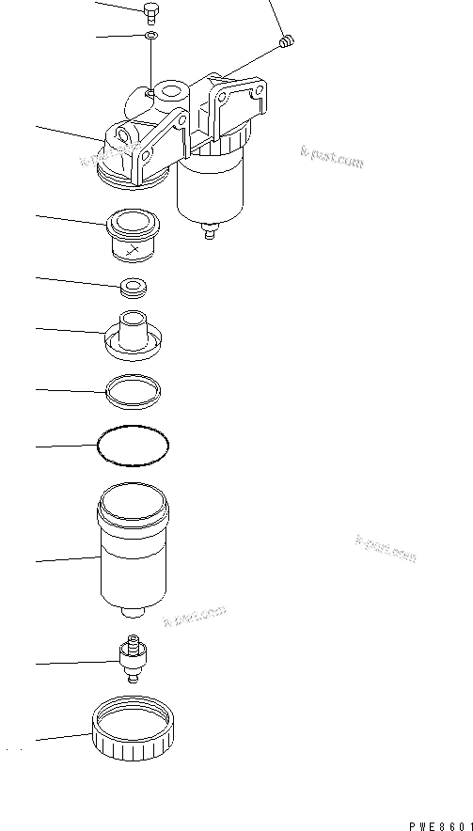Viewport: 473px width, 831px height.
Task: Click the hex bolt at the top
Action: [x=150, y=11]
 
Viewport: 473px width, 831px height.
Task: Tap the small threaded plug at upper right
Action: [x=290, y=40]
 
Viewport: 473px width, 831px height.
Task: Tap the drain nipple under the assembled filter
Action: [x=211, y=228]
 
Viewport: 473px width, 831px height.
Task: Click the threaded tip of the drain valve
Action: [x=134, y=641]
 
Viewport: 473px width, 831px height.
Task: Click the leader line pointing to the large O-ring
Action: [x=66, y=446]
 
